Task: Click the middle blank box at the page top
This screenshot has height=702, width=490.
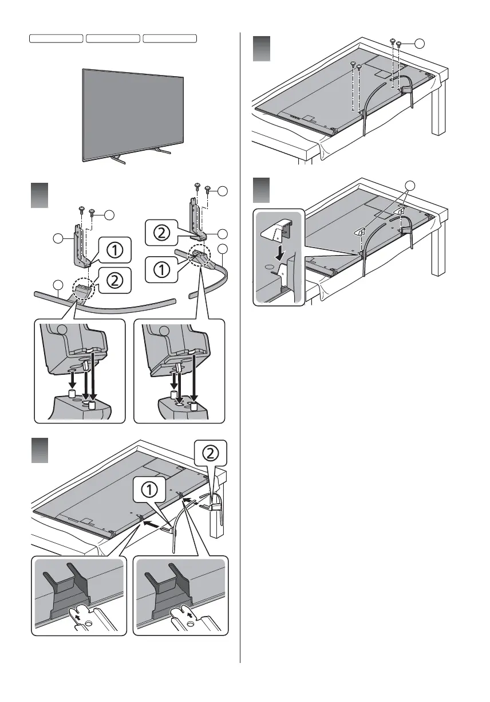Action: [113, 38]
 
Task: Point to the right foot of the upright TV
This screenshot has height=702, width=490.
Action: [161, 152]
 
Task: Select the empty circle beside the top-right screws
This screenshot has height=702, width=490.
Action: [420, 44]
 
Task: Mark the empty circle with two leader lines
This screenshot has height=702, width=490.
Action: [409, 185]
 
